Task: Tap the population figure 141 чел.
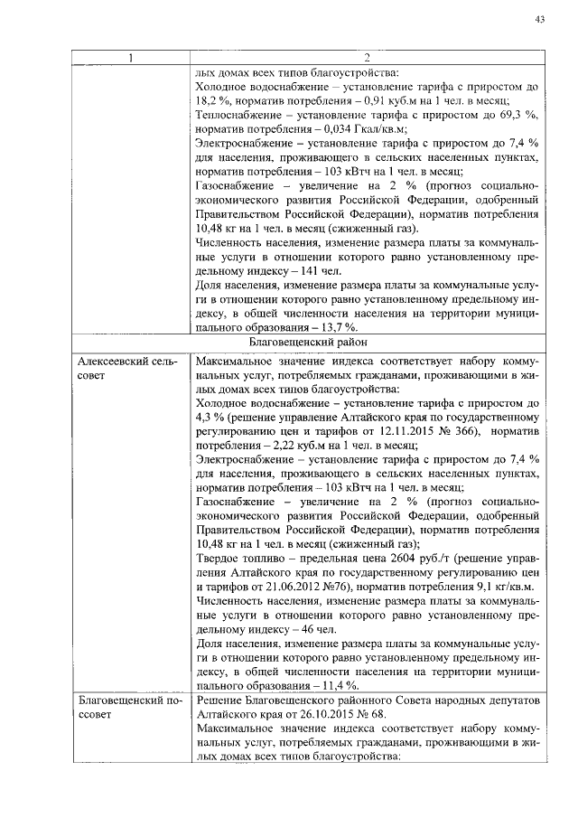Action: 315,270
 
